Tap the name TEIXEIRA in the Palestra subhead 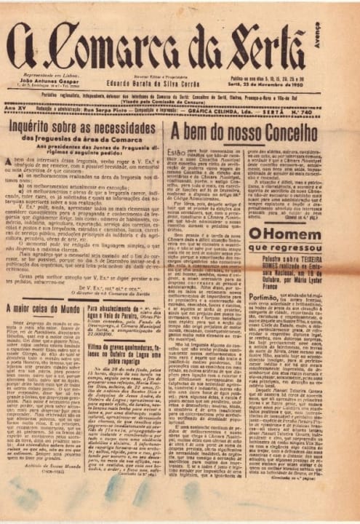(319, 260)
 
